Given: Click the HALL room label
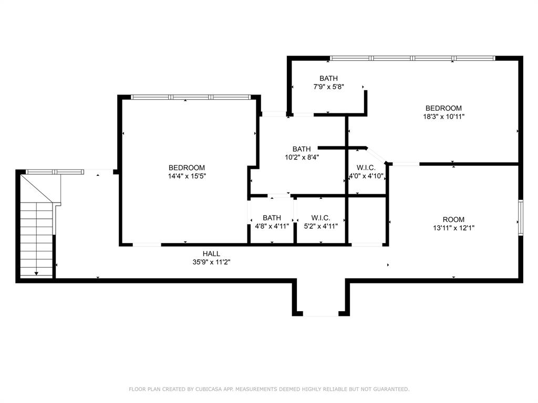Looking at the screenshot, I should tap(211, 253).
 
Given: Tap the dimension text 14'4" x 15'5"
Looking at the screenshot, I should tap(187, 176).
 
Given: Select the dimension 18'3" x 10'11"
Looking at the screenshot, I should tap(443, 116).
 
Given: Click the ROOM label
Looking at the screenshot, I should tap(453, 219).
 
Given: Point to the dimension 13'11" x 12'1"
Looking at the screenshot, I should tap(453, 228).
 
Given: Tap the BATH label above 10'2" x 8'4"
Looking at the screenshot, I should tap(302, 149).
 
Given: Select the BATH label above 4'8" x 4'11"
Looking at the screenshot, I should tap(272, 218).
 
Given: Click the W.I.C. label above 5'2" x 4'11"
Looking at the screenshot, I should tap(320, 218).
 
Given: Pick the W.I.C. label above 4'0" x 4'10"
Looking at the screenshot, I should tap(366, 168).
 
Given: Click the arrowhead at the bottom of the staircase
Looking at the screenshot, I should tap(36, 273).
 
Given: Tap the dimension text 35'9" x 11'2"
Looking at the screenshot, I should tap(211, 261).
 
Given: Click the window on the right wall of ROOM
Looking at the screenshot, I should tap(521, 217).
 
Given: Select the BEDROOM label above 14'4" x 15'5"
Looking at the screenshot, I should tap(187, 168).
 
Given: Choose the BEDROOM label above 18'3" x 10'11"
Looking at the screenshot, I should tap(443, 108).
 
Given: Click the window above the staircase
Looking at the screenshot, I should tap(55, 171).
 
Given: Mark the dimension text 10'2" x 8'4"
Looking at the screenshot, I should tap(302, 157).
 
